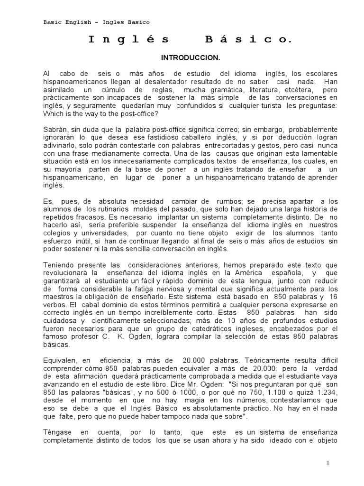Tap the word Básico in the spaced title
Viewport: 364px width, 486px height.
click(248, 41)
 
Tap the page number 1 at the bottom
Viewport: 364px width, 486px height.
click(327, 463)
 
